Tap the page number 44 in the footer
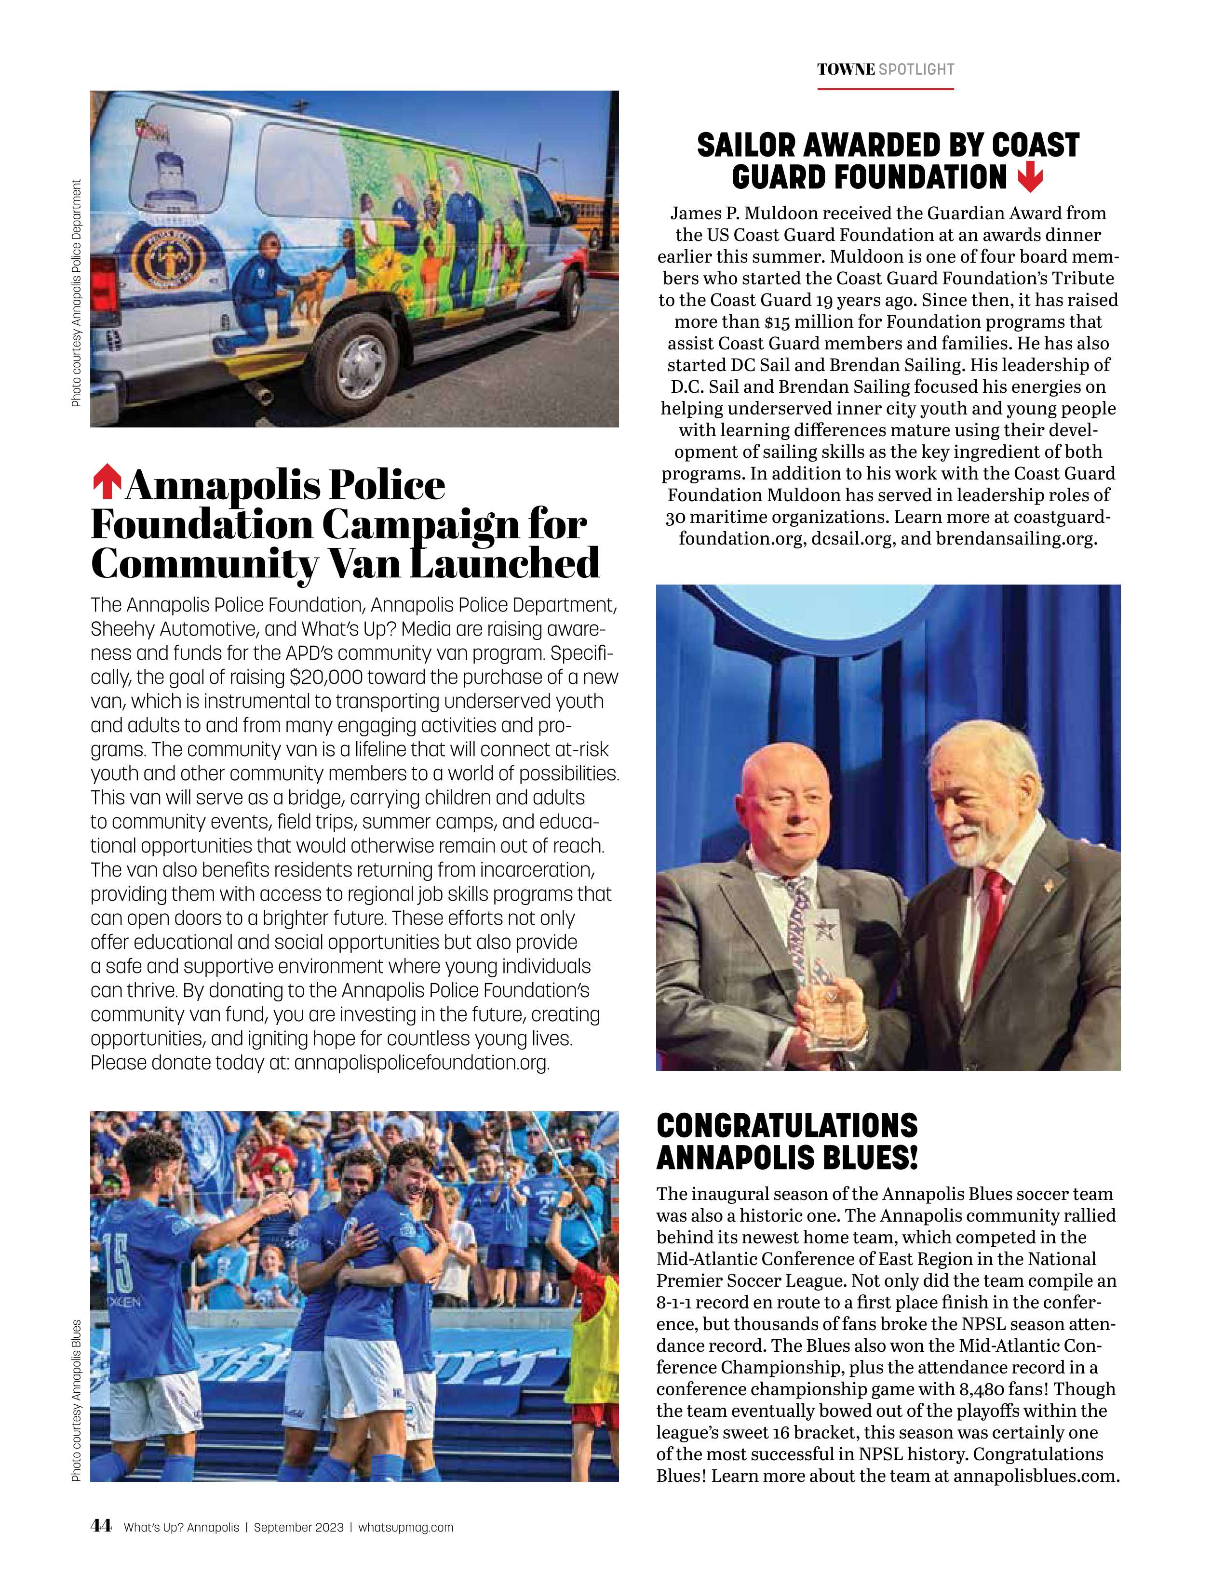pyautogui.click(x=101, y=1526)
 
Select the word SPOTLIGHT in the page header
pyautogui.click(x=916, y=70)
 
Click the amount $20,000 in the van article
pyautogui.click(x=325, y=677)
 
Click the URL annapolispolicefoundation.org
pyautogui.click(x=421, y=1063)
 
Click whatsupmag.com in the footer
pyautogui.click(x=405, y=1527)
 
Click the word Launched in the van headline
pyautogui.click(x=504, y=563)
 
